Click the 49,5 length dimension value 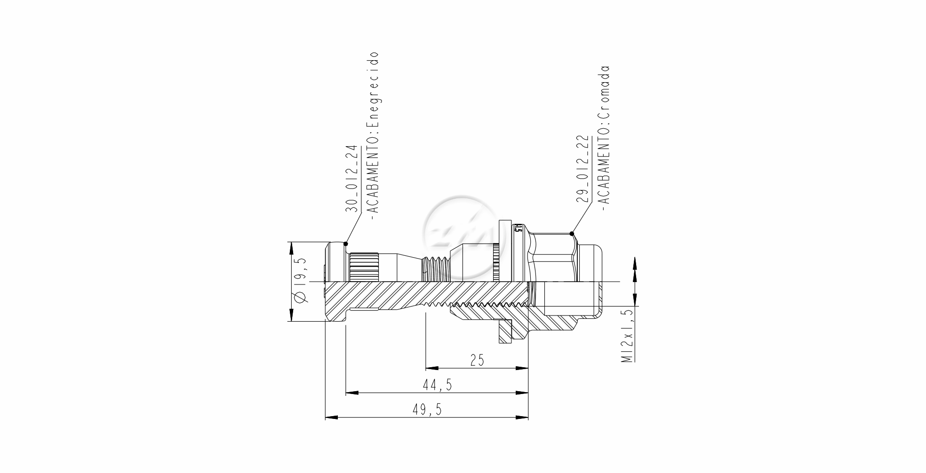coord(427,410)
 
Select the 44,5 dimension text coord(437,385)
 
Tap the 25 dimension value coord(477,360)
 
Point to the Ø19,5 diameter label coord(299,281)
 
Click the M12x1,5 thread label coord(628,336)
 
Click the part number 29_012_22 coord(583,169)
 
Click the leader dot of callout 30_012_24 coord(346,244)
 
